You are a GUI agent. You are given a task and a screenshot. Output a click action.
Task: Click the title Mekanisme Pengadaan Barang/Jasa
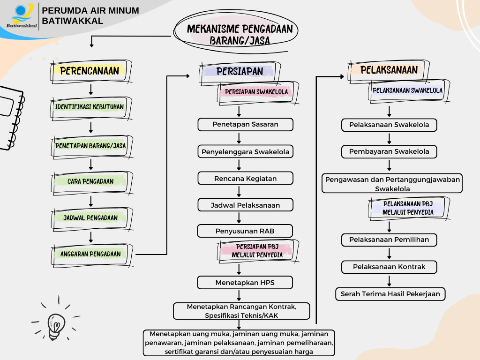[240, 35]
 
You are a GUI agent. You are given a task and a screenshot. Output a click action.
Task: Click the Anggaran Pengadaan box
[90, 254]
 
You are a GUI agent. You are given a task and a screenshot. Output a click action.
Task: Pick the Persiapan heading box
[240, 71]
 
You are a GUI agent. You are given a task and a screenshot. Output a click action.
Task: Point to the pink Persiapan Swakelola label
[256, 92]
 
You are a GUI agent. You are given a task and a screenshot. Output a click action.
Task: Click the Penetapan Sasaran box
[245, 125]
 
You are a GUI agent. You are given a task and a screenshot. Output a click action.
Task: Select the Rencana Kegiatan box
[245, 179]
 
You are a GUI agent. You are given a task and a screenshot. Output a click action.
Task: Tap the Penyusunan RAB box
[245, 231]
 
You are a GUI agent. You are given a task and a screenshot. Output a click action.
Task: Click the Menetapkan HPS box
[245, 283]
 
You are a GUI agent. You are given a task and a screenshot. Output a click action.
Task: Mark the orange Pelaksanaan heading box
[389, 70]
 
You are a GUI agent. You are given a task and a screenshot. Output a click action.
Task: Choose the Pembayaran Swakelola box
[389, 152]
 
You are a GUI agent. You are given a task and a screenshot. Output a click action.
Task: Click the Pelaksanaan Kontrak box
[389, 267]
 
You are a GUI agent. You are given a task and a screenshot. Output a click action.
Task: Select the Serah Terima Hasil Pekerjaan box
[390, 294]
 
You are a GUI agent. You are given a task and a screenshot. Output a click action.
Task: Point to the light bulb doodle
[55, 323]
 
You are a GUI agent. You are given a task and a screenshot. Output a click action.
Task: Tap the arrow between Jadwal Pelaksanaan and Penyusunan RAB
[240, 218]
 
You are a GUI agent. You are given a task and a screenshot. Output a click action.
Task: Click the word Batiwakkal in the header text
[72, 21]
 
